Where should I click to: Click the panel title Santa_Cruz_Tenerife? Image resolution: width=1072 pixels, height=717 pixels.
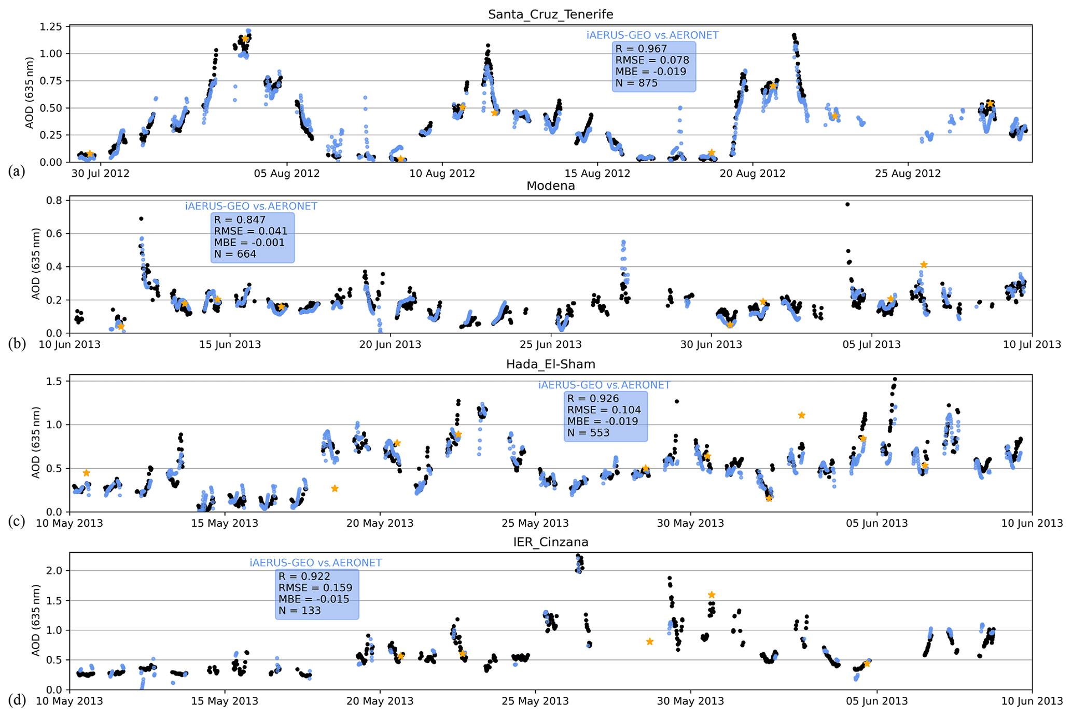pyautogui.click(x=550, y=14)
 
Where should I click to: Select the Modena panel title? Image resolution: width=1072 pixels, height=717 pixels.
pyautogui.click(x=550, y=186)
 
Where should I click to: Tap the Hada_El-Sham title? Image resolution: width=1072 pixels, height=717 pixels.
pyautogui.click(x=550, y=364)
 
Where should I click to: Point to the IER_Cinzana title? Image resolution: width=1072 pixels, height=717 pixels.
pyautogui.click(x=550, y=542)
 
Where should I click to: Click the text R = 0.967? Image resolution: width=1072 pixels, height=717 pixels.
pyautogui.click(x=641, y=49)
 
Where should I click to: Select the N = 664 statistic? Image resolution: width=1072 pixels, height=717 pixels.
pyautogui.click(x=235, y=254)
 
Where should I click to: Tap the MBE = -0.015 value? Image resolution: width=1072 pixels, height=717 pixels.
pyautogui.click(x=314, y=599)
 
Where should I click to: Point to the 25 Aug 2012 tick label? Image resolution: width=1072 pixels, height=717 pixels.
pyautogui.click(x=908, y=173)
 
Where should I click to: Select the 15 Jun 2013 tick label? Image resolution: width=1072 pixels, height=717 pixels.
pyautogui.click(x=230, y=344)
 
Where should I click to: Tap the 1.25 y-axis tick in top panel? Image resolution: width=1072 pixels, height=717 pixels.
pyautogui.click(x=51, y=26)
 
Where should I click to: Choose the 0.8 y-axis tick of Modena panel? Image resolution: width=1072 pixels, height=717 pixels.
pyautogui.click(x=54, y=200)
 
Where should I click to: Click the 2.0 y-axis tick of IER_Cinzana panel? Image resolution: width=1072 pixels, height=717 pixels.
pyautogui.click(x=54, y=571)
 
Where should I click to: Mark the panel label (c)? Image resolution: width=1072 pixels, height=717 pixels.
pyautogui.click(x=17, y=521)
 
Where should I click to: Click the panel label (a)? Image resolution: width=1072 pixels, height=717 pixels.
pyautogui.click(x=17, y=171)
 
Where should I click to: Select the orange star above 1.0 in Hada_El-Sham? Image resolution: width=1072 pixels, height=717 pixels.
pyautogui.click(x=801, y=415)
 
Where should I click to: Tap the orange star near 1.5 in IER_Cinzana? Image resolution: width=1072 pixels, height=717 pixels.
pyautogui.click(x=712, y=595)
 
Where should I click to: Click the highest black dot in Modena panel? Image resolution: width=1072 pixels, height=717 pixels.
pyautogui.click(x=847, y=204)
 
